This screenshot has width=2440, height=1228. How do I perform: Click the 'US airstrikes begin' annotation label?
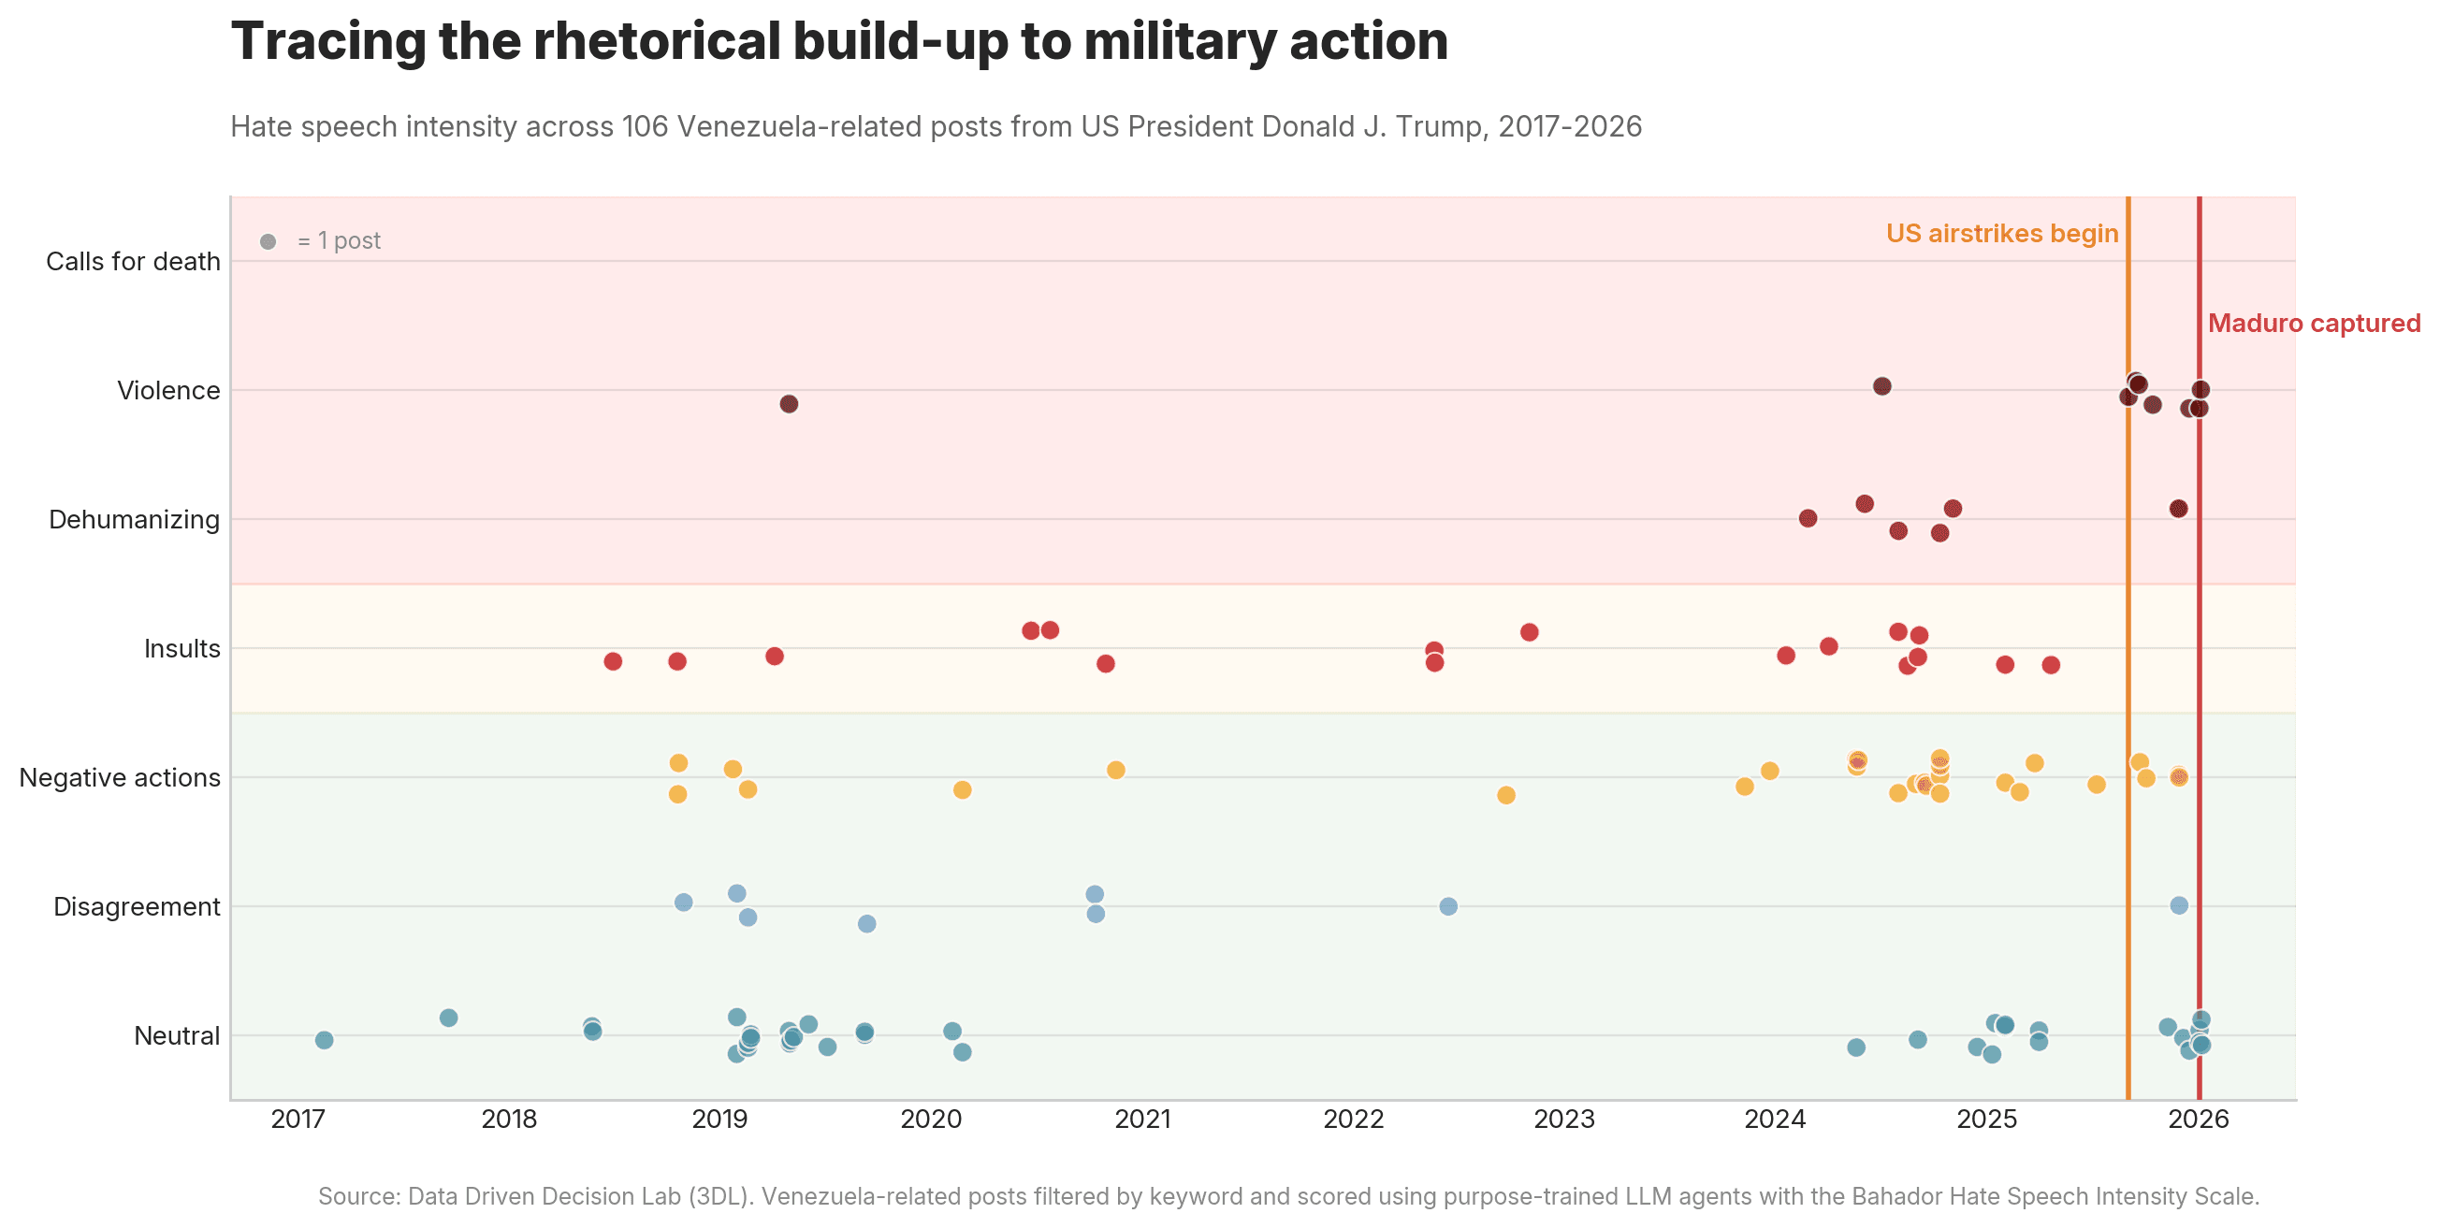(2000, 234)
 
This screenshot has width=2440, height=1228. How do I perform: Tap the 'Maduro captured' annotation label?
(2313, 324)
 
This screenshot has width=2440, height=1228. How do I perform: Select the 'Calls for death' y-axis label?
(133, 261)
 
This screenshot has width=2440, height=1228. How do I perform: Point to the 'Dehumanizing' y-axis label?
(134, 520)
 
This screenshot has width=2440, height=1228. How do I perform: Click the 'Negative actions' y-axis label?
(120, 778)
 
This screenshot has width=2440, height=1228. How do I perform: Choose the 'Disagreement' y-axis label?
(137, 907)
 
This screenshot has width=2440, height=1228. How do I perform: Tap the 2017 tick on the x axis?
(298, 1120)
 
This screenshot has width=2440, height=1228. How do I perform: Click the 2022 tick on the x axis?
(1354, 1120)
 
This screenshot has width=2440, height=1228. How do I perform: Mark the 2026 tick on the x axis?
(2199, 1120)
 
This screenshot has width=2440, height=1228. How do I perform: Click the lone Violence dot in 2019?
(789, 404)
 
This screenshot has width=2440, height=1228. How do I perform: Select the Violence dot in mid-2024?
(1882, 386)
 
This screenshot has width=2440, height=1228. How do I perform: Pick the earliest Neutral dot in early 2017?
(324, 1041)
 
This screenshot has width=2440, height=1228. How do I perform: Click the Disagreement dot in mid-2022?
(1448, 907)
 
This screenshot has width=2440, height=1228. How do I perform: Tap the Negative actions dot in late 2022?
(1506, 795)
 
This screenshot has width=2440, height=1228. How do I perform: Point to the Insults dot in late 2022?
(1529, 632)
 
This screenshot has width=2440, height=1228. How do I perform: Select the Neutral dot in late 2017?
(449, 1018)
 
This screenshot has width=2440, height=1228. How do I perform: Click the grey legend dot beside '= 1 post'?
(269, 242)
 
